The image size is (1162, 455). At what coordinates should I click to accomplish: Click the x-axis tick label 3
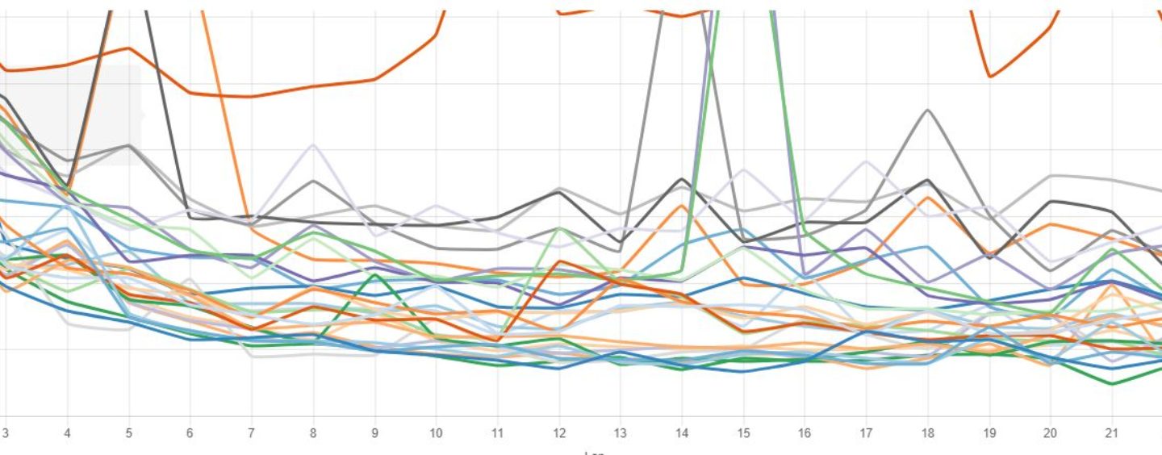[x=6, y=432]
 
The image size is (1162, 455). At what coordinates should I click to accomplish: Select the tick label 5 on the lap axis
[x=128, y=432]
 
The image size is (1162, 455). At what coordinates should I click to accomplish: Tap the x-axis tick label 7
[x=251, y=432]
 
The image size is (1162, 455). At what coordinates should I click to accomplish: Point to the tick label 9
[x=374, y=432]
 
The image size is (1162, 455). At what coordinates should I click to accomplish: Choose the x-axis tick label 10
[x=436, y=432]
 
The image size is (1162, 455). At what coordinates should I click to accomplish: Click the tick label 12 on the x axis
[x=558, y=432]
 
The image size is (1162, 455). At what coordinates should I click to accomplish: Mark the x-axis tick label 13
[x=620, y=432]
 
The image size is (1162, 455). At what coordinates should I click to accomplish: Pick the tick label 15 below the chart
[x=743, y=432]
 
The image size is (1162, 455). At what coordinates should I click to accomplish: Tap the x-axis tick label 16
[x=805, y=432]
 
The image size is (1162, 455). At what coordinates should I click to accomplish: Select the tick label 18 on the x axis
[x=928, y=432]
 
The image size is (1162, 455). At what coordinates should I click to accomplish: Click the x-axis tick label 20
[x=1051, y=432]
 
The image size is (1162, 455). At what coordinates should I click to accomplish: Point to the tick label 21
[x=1112, y=432]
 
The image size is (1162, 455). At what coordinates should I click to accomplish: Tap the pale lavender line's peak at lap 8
[x=312, y=145]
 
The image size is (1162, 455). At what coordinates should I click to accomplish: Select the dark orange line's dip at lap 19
[x=990, y=77]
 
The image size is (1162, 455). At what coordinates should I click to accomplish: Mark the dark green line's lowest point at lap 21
[x=1112, y=384]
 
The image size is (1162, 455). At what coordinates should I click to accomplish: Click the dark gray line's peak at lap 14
[x=682, y=179]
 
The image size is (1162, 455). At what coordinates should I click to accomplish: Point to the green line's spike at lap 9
[x=374, y=274]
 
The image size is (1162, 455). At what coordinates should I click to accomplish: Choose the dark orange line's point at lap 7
[x=251, y=97]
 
